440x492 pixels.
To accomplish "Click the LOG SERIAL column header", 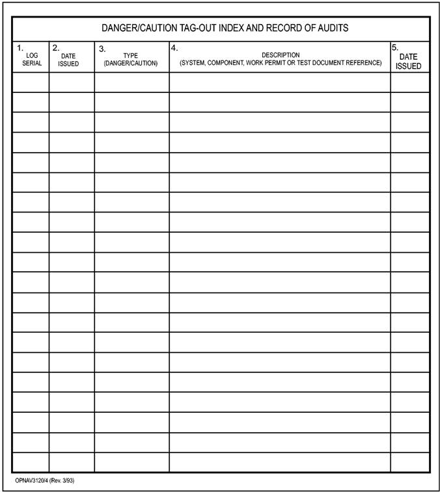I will tap(31, 59).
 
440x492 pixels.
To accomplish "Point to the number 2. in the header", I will tap(56, 47).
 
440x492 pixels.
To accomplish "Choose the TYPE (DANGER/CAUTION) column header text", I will tap(130, 59).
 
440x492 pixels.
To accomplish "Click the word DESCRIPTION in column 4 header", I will tap(281, 55).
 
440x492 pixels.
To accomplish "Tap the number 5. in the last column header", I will tap(395, 47).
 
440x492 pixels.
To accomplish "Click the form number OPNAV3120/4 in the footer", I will tap(31, 481).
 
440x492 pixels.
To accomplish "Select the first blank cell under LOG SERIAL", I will tap(31, 83).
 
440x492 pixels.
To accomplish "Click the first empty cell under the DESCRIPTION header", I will tap(279, 83).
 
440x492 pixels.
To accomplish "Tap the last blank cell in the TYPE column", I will tap(131, 462).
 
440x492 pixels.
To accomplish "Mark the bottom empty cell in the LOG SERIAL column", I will tap(31, 462).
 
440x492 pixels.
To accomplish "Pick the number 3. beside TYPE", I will tap(102, 48).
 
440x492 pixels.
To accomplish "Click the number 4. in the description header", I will tap(174, 47).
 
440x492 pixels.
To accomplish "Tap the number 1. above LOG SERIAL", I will tap(20, 47).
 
